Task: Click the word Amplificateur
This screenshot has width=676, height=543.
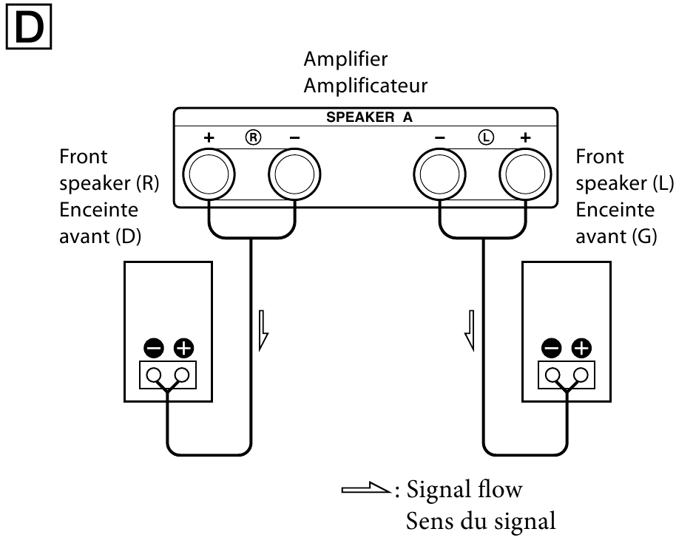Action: [365, 86]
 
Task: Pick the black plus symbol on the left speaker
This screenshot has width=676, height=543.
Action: [583, 346]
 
